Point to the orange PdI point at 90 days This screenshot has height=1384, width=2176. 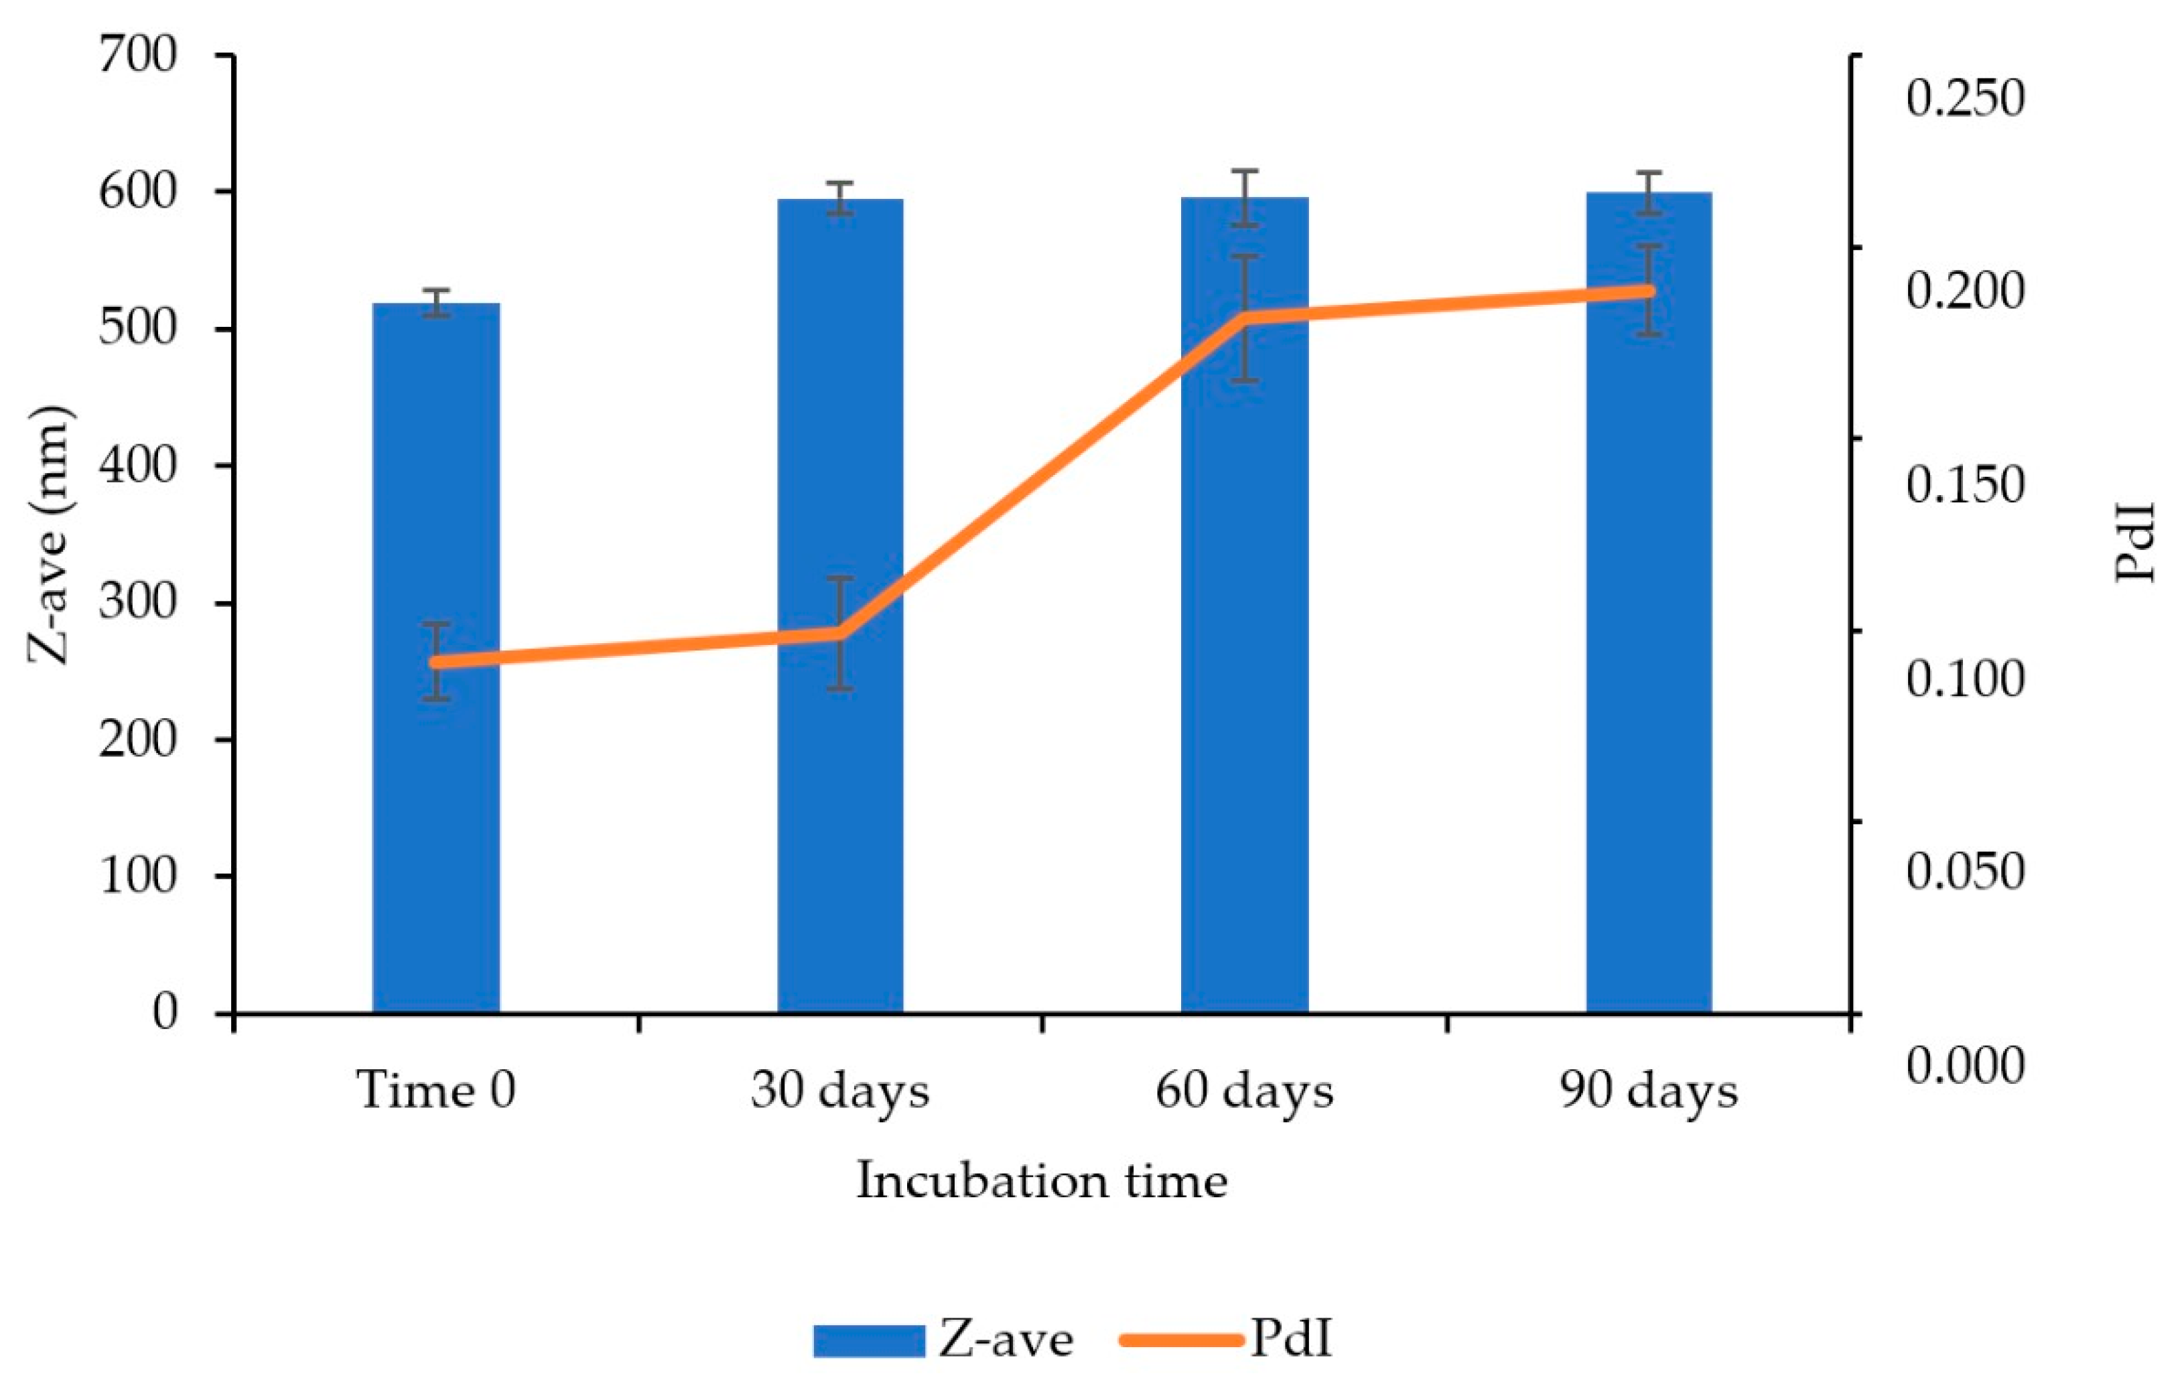[x=1649, y=291]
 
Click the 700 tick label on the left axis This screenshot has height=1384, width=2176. [x=138, y=56]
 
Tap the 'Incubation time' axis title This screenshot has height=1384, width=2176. [x=1042, y=1182]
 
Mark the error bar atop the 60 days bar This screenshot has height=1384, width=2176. [x=1245, y=197]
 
